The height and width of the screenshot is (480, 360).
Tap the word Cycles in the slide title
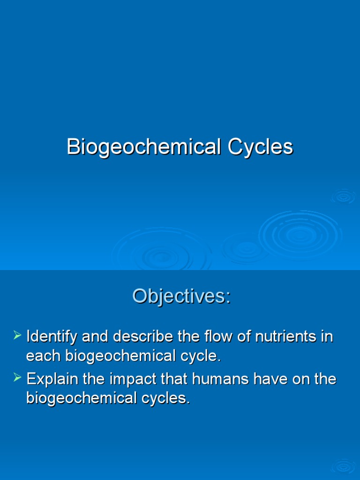click(261, 147)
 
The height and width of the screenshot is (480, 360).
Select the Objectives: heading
click(181, 296)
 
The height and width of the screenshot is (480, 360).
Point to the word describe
click(143, 337)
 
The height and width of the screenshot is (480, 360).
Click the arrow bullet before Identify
click(18, 335)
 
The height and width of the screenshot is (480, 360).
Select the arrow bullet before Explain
click(18, 377)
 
